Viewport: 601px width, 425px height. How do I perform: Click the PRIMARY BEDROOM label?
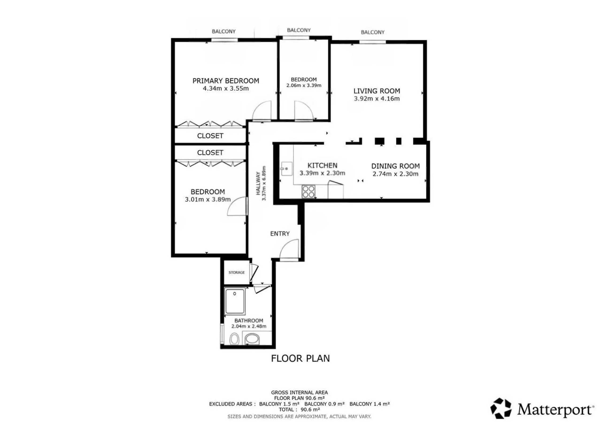click(x=226, y=81)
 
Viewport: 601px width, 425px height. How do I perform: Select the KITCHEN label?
click(x=322, y=165)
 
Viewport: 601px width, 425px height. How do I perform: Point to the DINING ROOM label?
click(x=395, y=166)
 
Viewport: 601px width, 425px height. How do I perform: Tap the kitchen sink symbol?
click(x=286, y=169)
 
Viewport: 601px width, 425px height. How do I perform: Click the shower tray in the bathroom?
click(x=235, y=301)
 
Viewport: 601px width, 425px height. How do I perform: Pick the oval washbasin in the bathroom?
click(x=252, y=340)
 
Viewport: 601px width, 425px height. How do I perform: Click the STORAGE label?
click(x=237, y=272)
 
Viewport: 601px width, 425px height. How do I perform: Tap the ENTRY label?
click(x=280, y=234)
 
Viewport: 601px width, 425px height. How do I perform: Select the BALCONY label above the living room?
click(x=373, y=32)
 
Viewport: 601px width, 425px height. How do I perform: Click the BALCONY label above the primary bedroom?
click(x=223, y=31)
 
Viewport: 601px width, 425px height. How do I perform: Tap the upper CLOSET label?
click(x=210, y=136)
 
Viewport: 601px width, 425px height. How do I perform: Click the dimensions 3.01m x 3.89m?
click(x=208, y=199)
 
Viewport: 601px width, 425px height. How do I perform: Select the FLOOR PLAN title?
click(x=300, y=358)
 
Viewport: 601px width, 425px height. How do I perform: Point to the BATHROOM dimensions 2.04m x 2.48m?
click(x=249, y=326)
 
